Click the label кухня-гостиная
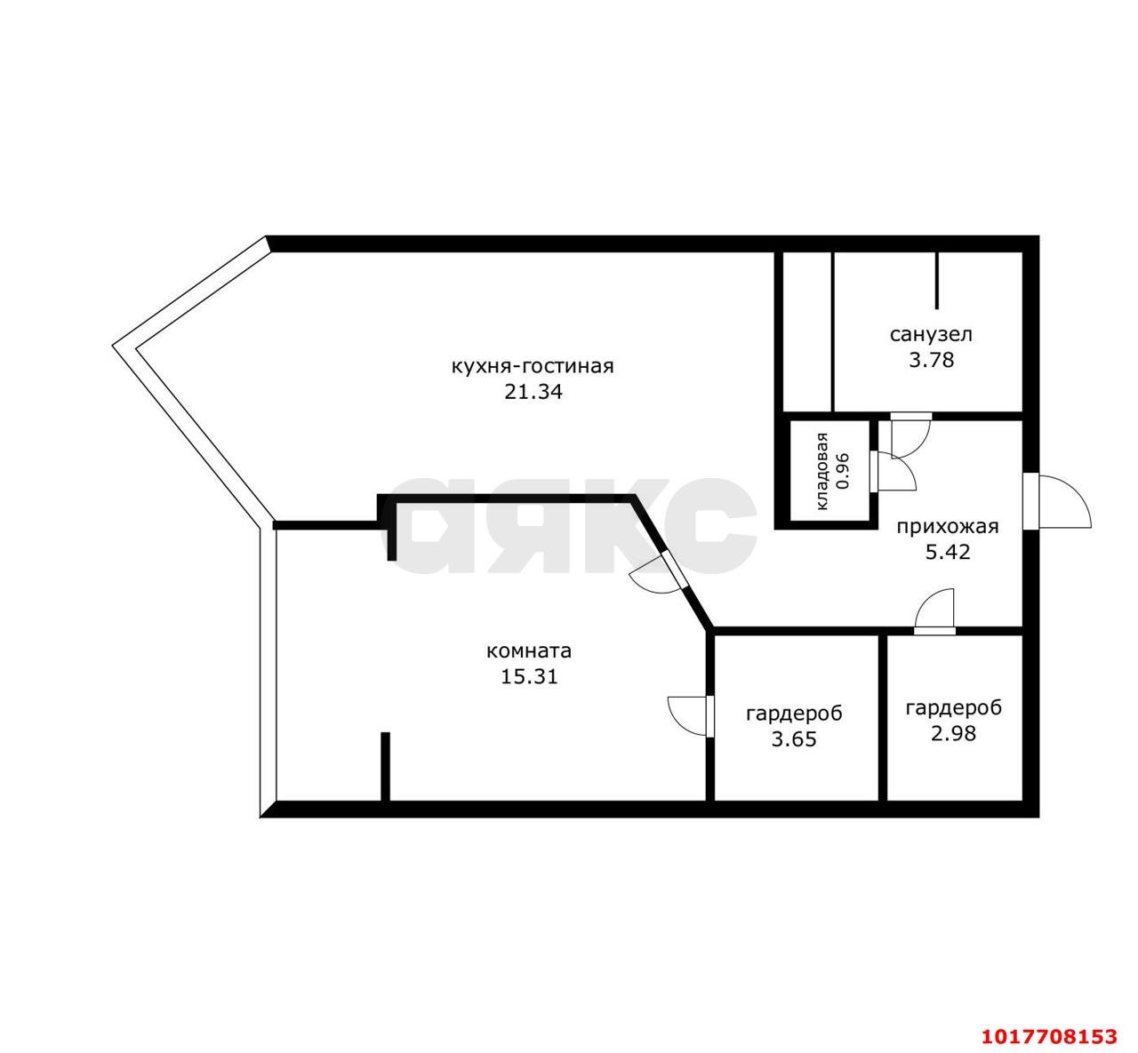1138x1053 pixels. pos(533,367)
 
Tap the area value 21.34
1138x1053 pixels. pos(533,393)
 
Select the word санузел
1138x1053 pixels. pos(931,335)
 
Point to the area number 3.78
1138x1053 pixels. pos(931,361)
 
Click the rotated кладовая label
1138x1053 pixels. pos(822,471)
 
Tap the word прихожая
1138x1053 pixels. pos(948,527)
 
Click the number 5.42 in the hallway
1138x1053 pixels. pos(948,553)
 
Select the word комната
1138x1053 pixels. pos(529,651)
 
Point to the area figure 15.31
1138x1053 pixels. pos(529,677)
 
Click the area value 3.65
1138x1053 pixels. pos(794,739)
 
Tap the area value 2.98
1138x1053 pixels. pos(953,734)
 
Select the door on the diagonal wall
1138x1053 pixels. pos(660,575)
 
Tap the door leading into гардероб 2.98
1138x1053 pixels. pos(935,613)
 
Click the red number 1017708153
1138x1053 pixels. pos(1050,1035)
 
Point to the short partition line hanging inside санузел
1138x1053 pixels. pos(936,280)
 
